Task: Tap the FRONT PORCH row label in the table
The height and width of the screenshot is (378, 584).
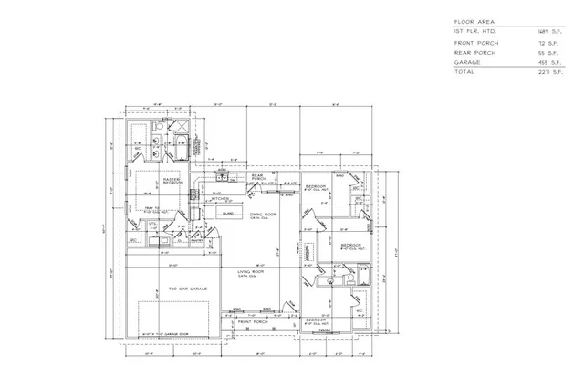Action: (x=474, y=42)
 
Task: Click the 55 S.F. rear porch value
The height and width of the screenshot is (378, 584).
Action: (x=548, y=52)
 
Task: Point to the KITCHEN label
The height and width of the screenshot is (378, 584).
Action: (x=219, y=197)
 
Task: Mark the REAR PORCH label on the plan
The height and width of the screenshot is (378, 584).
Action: (x=257, y=177)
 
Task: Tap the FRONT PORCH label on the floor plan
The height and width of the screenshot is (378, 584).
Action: (x=250, y=322)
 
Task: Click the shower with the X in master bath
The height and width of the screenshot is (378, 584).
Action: (x=180, y=125)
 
